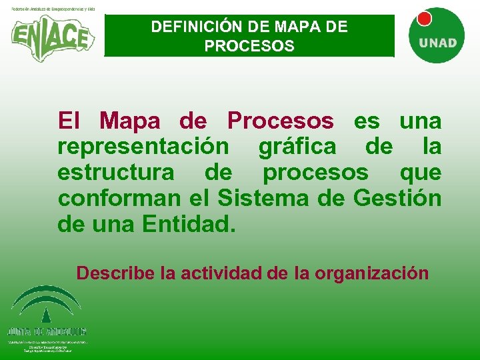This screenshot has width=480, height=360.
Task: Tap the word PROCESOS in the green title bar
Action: pos(249,47)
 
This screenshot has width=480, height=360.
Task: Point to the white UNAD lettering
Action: pos(438,43)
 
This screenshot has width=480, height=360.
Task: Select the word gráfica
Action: pos(299,147)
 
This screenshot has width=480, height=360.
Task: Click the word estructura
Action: pos(115,172)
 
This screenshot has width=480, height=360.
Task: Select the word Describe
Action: pos(116,273)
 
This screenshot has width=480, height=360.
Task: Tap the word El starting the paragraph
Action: pos(69,121)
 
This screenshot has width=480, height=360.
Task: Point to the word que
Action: pos(420,173)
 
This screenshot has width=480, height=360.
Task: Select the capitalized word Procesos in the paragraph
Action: pos(280,121)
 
